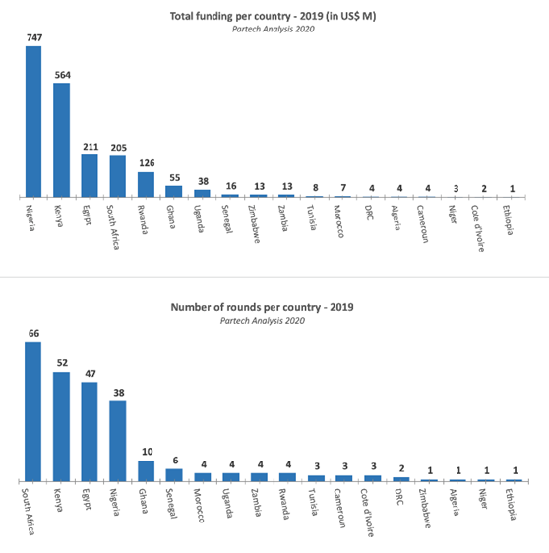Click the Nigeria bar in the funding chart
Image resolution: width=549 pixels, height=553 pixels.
point(33,121)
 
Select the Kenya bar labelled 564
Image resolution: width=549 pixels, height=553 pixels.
point(61,140)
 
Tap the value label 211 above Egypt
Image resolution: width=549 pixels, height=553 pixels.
point(91,147)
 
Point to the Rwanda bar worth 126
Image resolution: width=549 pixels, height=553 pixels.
point(146,184)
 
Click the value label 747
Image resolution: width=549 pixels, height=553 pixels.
point(34,37)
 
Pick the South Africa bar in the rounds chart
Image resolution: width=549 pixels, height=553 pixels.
point(33,411)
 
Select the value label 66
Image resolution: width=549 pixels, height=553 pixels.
point(33,333)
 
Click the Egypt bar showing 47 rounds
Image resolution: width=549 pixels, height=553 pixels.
point(90,431)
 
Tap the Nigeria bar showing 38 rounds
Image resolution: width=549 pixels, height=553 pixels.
point(118,441)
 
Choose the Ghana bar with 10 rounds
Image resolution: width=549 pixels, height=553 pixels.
point(146,470)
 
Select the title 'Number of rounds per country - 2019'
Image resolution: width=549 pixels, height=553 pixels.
point(262,307)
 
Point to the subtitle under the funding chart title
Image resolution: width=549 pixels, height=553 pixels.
point(273,29)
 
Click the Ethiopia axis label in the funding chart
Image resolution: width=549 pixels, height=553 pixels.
point(508,219)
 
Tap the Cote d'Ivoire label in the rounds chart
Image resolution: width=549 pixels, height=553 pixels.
point(367,513)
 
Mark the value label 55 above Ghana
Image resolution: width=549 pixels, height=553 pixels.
point(175,178)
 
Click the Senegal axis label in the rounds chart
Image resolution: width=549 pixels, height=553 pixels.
point(171,504)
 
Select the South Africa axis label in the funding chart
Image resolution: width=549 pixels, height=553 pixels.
point(113,226)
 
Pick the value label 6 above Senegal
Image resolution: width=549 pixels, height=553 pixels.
point(175,461)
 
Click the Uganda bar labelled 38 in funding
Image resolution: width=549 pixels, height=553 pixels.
point(202,193)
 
